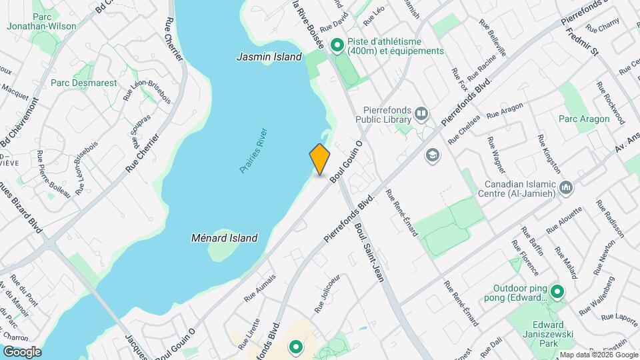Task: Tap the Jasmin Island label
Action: [x=269, y=57]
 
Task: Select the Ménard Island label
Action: [x=225, y=237]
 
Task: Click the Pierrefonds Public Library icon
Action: [x=421, y=114]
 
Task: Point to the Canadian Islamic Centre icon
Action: [x=567, y=187]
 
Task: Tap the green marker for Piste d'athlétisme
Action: [x=337, y=46]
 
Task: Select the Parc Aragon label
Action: [x=584, y=119]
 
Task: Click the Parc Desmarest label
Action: [x=84, y=83]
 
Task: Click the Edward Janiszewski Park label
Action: [x=539, y=337]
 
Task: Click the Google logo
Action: [x=22, y=351]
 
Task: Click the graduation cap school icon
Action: [x=433, y=155]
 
